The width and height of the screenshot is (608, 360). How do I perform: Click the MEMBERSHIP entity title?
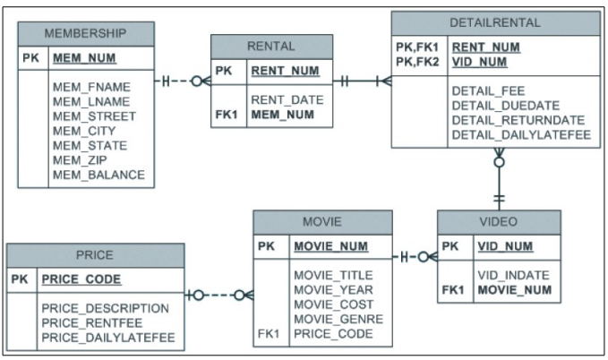[85, 33]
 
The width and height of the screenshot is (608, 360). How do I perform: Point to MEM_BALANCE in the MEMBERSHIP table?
[98, 174]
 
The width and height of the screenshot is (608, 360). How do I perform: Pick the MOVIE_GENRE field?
[338, 318]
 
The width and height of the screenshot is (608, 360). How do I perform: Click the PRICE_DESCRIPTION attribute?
[105, 308]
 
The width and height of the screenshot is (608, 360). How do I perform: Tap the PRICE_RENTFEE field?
[93, 322]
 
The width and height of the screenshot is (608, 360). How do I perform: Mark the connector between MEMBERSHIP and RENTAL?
[183, 81]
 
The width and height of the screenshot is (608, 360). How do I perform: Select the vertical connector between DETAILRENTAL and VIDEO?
[499, 184]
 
